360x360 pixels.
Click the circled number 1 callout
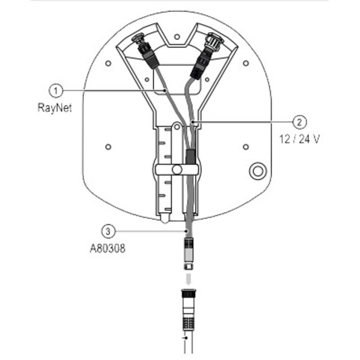tap(56, 91)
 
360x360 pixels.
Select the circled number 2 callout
tap(300, 122)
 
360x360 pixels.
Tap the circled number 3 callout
tap(108, 231)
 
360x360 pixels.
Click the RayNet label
tap(55, 107)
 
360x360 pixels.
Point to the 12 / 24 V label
tap(299, 139)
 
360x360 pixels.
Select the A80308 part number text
tap(107, 249)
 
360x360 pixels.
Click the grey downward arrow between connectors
tap(188, 279)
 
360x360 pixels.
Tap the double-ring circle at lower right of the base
tap(258, 171)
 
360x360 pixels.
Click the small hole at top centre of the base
tap(177, 37)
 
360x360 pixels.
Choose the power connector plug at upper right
tap(205, 57)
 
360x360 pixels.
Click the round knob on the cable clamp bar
tap(177, 170)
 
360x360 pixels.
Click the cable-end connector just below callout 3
tap(188, 254)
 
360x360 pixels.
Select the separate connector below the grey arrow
tap(188, 310)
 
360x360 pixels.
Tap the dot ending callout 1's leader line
tap(165, 91)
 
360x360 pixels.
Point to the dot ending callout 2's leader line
tap(193, 121)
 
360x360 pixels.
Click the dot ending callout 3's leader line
tap(186, 231)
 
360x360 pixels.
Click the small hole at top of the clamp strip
tap(177, 127)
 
